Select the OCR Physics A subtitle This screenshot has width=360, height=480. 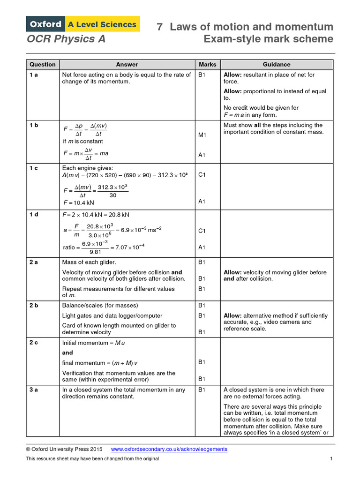(x=66, y=39)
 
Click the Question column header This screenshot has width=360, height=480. (x=42, y=65)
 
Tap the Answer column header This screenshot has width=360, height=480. (x=127, y=65)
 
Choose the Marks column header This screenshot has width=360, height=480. (x=208, y=65)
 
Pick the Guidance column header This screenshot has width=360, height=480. (x=277, y=65)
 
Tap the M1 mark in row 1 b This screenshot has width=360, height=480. (x=202, y=135)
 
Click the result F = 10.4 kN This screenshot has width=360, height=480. (x=78, y=203)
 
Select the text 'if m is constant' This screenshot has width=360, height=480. (x=82, y=141)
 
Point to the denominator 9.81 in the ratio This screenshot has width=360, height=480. (x=95, y=252)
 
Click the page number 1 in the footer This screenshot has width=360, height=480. (x=331, y=458)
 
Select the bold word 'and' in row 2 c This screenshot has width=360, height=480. (x=67, y=352)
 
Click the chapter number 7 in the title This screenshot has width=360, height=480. (x=159, y=27)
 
